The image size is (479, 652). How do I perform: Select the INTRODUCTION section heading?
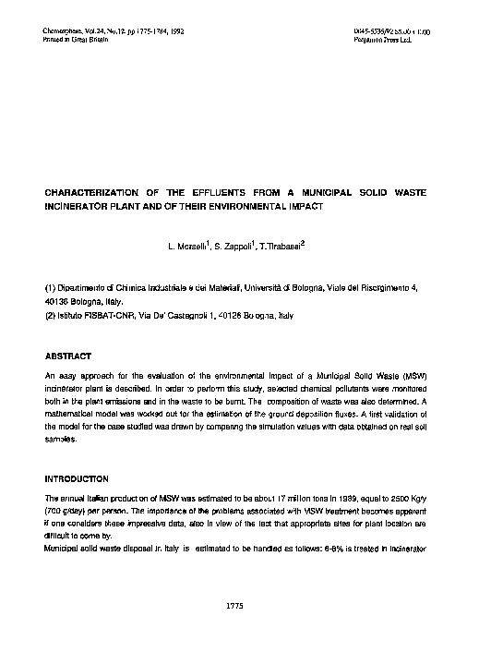click(77, 479)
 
